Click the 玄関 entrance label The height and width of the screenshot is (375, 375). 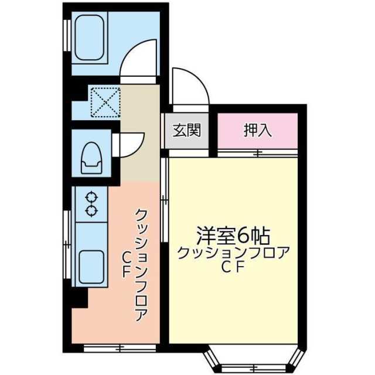(x=186, y=130)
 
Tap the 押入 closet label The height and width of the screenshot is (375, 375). (x=258, y=130)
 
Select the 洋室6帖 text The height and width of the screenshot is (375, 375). (x=233, y=236)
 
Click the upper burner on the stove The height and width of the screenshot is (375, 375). (x=91, y=197)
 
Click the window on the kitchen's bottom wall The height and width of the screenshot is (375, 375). (x=117, y=349)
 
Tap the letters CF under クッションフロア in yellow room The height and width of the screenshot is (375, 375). (x=233, y=267)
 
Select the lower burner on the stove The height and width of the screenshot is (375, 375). (x=91, y=210)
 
